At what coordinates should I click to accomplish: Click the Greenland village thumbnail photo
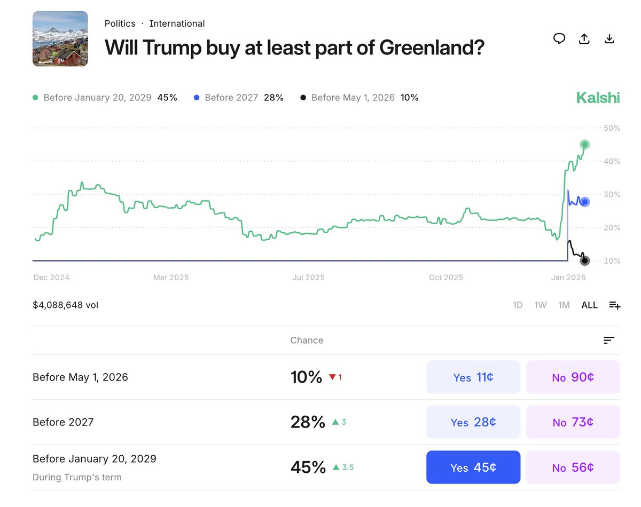click(60, 38)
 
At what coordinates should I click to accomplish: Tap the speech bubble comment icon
click(559, 38)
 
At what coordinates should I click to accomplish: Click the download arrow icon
click(609, 38)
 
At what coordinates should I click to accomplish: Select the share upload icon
click(584, 38)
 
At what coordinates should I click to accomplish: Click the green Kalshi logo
click(598, 98)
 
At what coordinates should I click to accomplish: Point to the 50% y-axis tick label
click(612, 128)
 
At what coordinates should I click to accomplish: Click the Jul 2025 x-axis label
click(308, 278)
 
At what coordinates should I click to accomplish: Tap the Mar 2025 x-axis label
click(171, 278)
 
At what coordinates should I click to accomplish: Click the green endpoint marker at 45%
click(585, 145)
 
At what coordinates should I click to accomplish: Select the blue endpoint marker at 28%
click(585, 202)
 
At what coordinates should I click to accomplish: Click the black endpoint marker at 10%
click(585, 260)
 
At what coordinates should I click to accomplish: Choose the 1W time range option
click(541, 305)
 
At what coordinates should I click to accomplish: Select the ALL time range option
click(589, 305)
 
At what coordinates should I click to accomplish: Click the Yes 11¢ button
click(473, 377)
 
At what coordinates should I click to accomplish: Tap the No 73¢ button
click(573, 422)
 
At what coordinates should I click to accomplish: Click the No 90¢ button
click(573, 377)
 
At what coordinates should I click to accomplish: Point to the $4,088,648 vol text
click(65, 305)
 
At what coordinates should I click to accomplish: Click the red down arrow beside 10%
click(332, 377)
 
